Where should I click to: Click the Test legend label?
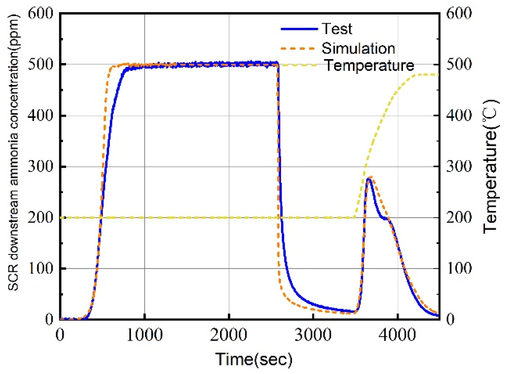point(337,29)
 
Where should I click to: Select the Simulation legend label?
point(358,48)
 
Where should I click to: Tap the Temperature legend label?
point(369,65)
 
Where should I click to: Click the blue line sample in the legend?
point(299,29)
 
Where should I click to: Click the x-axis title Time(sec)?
point(254,359)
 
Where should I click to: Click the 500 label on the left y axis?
point(41,65)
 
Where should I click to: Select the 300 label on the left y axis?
point(41,166)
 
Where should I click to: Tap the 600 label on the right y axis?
point(459,13)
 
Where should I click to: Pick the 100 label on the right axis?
point(459,268)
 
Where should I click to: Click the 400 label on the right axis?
point(459,116)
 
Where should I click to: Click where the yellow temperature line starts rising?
point(355,217)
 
